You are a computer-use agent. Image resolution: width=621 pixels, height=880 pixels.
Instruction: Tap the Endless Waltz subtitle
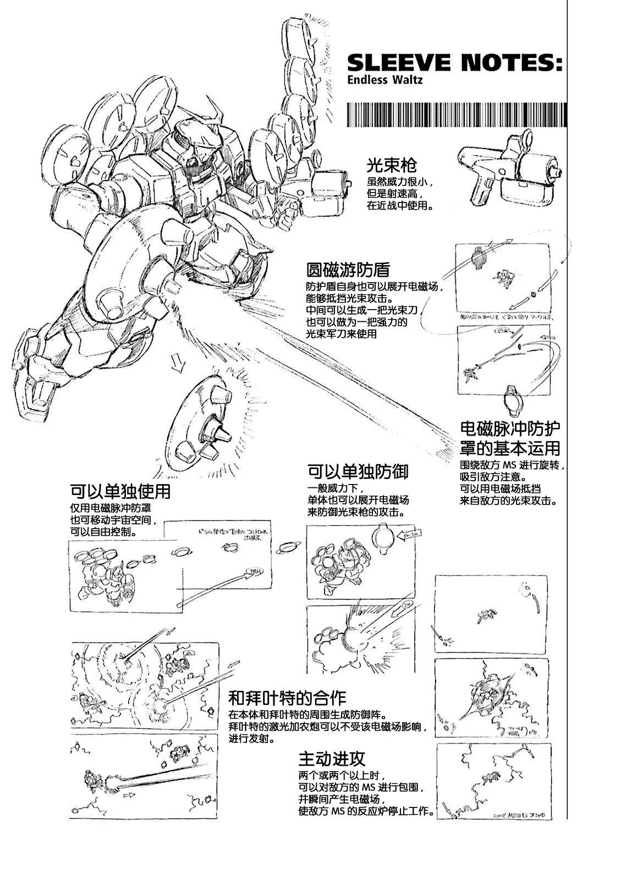385,80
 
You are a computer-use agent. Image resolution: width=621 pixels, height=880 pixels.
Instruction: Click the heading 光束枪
392,166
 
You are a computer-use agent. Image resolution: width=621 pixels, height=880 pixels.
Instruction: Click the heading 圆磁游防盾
348,270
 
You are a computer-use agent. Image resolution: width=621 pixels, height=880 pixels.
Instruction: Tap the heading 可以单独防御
358,471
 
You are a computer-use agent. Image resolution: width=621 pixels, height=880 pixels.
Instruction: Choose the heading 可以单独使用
120,490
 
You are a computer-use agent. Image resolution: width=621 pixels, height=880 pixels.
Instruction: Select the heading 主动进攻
332,760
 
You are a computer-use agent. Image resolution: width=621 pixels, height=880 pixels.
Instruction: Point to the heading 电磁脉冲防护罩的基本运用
510,438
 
